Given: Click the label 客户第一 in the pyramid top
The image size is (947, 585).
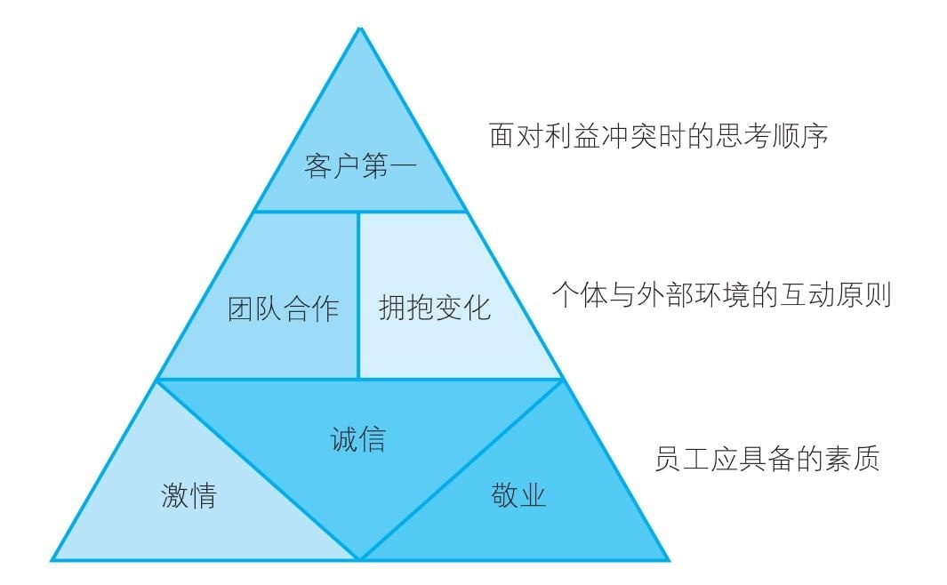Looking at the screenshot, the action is (360, 166).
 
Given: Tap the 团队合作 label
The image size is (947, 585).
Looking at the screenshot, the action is (284, 309).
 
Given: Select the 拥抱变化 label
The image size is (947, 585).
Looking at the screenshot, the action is (435, 308).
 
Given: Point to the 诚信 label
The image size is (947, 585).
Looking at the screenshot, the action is (358, 439).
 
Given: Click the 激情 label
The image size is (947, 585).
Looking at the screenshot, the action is (189, 496).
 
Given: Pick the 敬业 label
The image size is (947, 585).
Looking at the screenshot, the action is (518, 496).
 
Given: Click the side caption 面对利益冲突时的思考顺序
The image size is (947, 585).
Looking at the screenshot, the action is (658, 135).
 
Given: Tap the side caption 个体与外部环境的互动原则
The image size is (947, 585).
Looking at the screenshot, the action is (722, 294).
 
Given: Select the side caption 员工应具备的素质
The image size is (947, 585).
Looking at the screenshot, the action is (767, 458).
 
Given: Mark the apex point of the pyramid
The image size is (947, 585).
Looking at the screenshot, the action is (360, 28).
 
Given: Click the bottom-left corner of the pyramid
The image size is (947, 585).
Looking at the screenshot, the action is (52, 560).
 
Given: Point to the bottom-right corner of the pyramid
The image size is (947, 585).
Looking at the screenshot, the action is (669, 560).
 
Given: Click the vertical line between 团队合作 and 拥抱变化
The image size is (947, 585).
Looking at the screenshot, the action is (358, 295).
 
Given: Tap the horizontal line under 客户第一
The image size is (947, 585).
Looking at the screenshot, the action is (360, 212).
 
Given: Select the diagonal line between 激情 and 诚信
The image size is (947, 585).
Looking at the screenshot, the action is (258, 469).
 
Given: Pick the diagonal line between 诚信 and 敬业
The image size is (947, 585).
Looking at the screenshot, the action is (461, 469).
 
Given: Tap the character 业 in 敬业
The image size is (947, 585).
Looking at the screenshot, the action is (533, 496).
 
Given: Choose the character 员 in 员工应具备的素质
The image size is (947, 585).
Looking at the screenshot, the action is (669, 458).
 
